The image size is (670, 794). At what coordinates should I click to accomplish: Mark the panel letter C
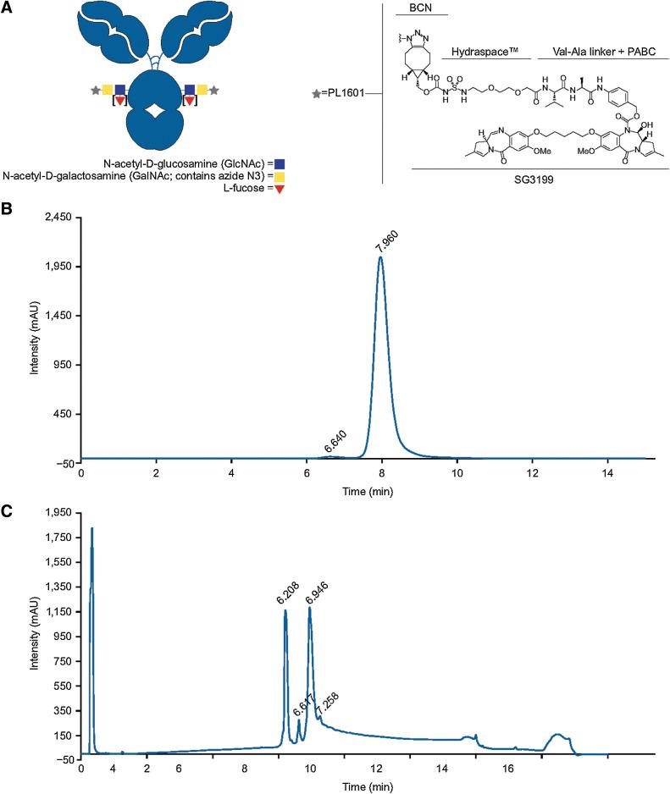[8, 510]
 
